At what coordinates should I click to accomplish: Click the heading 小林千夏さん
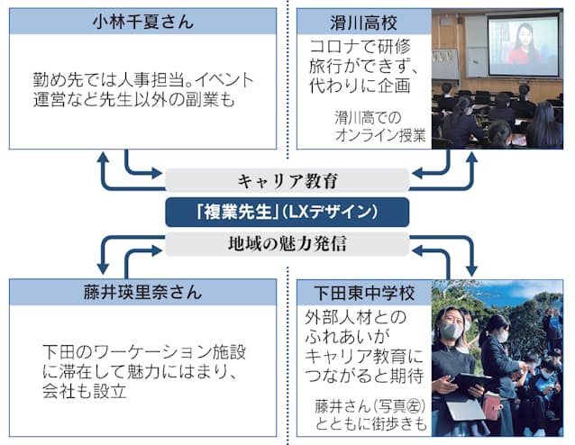click(x=142, y=22)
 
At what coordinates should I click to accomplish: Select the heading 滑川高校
click(x=363, y=23)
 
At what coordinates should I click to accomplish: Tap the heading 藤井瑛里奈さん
click(x=142, y=293)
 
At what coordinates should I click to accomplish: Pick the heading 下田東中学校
click(x=364, y=294)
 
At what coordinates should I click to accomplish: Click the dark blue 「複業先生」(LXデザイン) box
click(x=287, y=212)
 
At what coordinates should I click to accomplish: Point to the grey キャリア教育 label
click(x=287, y=180)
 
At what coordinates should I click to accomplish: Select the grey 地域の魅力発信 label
click(x=287, y=244)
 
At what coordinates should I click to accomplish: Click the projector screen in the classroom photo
click(x=525, y=45)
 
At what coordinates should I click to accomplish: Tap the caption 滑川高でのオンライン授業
click(x=380, y=126)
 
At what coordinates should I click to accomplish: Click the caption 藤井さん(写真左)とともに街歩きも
click(x=370, y=415)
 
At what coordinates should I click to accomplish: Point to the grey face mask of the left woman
click(x=451, y=331)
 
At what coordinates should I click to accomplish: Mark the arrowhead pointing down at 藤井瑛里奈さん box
click(x=103, y=269)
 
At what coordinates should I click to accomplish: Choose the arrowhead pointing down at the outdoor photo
click(x=471, y=270)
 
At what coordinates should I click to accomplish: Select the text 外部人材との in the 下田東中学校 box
click(x=356, y=317)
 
